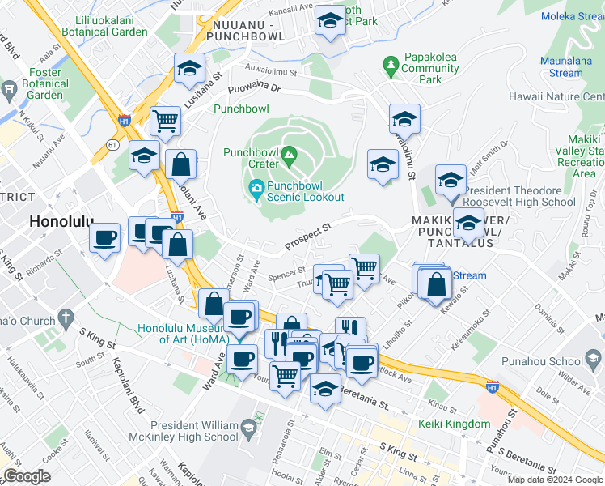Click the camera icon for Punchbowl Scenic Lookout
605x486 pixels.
[x=256, y=190]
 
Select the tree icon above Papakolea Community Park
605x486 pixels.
[x=391, y=62]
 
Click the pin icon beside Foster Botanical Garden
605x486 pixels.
[x=9, y=89]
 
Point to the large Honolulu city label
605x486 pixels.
[x=61, y=221]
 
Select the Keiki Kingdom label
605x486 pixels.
[x=454, y=424]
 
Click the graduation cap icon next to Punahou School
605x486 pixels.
[x=593, y=359]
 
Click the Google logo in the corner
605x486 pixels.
[x=27, y=476]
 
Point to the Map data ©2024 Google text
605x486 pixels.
[x=555, y=480]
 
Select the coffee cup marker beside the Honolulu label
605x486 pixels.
[x=105, y=237]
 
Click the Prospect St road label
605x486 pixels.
[x=308, y=238]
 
